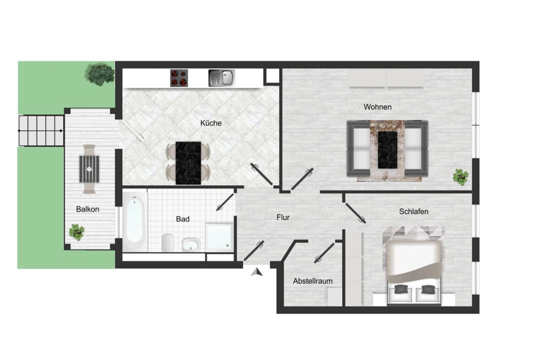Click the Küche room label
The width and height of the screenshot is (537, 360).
click(x=211, y=123)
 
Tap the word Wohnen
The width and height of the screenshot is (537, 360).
click(x=377, y=107)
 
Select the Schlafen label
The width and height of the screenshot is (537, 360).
click(x=414, y=211)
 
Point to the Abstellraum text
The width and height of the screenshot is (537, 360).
click(x=313, y=281)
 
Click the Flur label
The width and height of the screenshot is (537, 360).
click(x=283, y=217)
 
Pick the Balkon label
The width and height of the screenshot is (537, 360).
click(x=88, y=209)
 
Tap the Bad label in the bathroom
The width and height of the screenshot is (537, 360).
click(x=183, y=219)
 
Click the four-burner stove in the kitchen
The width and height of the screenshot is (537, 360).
click(x=179, y=78)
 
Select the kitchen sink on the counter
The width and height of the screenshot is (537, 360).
click(x=221, y=78)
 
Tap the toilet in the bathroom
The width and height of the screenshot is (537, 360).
click(x=168, y=242)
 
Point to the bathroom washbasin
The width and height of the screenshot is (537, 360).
click(x=190, y=244)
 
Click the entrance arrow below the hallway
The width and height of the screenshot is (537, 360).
click(x=257, y=272)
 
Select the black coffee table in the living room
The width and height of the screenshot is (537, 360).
click(x=388, y=150)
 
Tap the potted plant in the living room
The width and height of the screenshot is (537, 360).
click(x=460, y=177)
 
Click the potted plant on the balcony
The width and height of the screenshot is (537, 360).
click(x=77, y=232)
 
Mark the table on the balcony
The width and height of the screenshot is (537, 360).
click(x=89, y=168)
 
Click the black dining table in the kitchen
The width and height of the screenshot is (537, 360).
click(x=188, y=162)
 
